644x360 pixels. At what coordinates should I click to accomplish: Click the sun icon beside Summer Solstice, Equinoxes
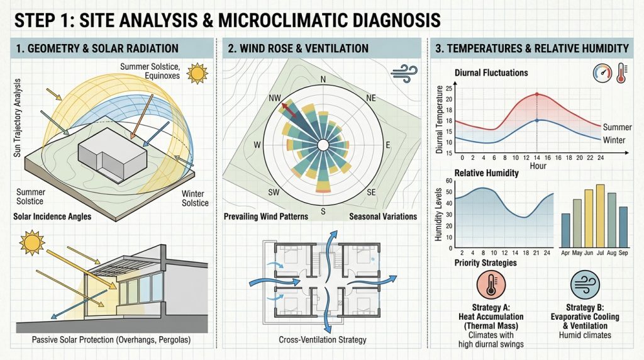[x=197, y=74]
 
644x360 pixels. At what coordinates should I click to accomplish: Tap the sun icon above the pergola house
[x=32, y=242]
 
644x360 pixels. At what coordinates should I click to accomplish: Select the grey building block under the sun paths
[x=112, y=155]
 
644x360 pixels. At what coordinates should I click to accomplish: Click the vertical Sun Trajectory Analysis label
[x=17, y=118]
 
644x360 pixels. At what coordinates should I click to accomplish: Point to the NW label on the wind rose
[x=275, y=98]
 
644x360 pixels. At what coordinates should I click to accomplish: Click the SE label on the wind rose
[x=371, y=193]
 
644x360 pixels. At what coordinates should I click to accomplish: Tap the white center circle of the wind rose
[x=323, y=145]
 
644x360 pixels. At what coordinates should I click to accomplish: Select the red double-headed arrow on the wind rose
[x=290, y=111]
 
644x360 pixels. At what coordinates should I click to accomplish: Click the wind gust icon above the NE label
[x=404, y=74]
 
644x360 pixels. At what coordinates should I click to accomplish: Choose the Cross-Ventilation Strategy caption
[x=323, y=340]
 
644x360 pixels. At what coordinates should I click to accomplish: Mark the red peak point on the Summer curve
[x=537, y=94]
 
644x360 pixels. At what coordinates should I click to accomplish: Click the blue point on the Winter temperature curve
[x=537, y=120]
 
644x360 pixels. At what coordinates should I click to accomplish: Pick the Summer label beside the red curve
[x=617, y=127]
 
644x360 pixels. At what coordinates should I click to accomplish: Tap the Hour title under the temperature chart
[x=538, y=166]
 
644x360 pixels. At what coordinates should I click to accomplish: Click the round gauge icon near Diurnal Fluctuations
[x=602, y=73]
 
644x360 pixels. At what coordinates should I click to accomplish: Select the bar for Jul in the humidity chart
[x=600, y=216]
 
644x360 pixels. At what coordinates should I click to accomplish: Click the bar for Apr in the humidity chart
[x=565, y=230]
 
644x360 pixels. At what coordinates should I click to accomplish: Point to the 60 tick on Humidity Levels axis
[x=448, y=181]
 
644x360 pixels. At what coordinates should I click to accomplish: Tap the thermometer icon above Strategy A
[x=491, y=284]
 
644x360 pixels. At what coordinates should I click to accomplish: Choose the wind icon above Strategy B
[x=585, y=284]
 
